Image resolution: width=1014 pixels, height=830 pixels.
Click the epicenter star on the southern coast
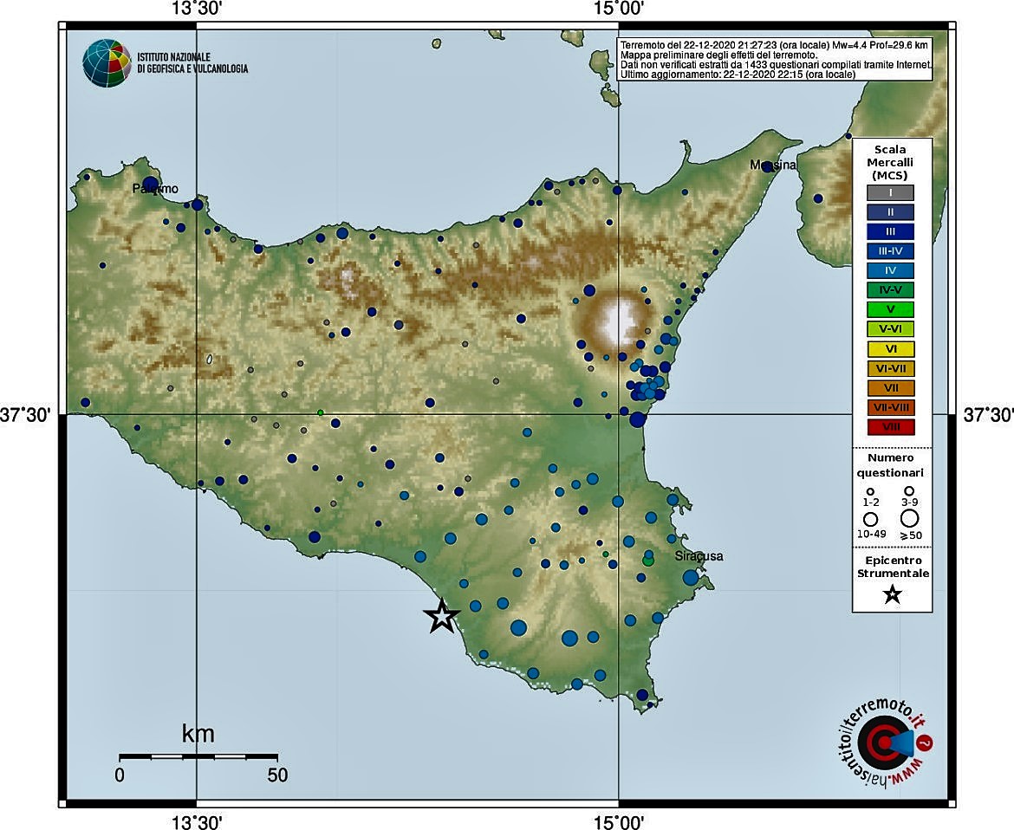point(442,616)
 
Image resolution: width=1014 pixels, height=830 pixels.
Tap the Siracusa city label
point(699,556)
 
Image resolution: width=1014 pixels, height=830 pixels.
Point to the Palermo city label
point(155,188)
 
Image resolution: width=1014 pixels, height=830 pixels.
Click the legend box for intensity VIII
point(890,426)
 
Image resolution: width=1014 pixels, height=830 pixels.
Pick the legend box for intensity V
point(890,309)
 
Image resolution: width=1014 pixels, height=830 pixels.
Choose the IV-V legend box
point(890,290)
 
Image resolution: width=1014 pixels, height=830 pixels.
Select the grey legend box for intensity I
point(890,192)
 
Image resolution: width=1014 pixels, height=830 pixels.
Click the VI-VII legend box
point(890,368)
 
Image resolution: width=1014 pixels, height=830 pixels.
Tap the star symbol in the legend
point(892,595)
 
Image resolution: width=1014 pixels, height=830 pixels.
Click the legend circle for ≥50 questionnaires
point(909,518)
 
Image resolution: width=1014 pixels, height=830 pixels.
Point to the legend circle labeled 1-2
point(870,491)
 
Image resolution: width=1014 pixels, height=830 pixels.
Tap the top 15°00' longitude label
point(618,9)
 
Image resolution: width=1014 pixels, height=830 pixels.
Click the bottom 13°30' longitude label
point(198,820)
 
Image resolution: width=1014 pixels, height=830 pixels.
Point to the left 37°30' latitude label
point(25,416)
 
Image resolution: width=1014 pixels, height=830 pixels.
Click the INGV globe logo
point(105,62)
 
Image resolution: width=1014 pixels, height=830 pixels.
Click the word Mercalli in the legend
point(890,162)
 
